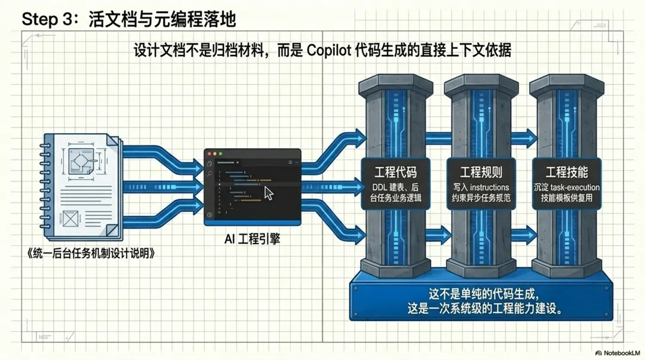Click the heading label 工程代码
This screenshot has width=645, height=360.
395,173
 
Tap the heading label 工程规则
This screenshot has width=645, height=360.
481,173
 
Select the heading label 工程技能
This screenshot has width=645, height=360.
567,173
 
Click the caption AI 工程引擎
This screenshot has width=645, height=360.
252,239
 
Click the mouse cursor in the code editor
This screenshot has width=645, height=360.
269,193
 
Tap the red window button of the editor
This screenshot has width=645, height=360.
209,154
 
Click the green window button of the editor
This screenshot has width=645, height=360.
220,154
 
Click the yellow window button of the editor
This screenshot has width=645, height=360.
215,154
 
